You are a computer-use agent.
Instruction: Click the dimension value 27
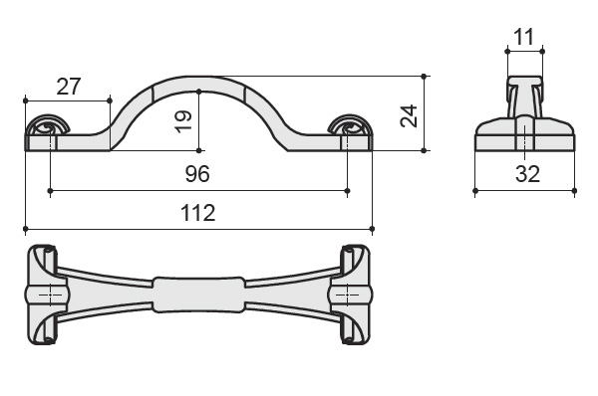(x=69, y=87)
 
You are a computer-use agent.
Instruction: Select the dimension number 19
(x=183, y=121)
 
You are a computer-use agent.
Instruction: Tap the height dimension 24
(x=409, y=116)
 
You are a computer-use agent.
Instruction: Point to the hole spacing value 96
(x=197, y=174)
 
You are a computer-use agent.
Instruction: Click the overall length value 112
(x=198, y=213)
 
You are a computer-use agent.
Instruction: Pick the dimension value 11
(x=524, y=37)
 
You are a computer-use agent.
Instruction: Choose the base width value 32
(x=528, y=174)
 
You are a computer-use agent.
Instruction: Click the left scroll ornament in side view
(x=47, y=125)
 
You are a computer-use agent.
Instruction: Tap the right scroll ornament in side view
(x=350, y=125)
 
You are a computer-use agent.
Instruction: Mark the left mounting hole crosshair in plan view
(x=51, y=296)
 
